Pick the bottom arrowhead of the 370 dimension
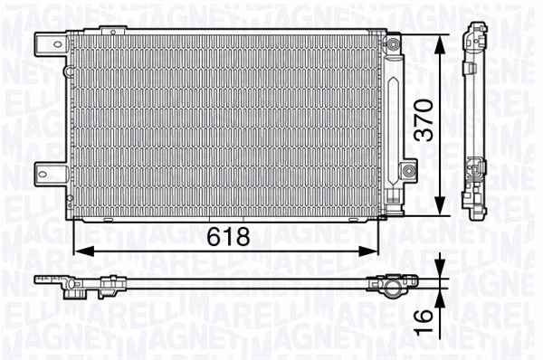coord(440,209)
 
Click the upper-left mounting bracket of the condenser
coord(46,42)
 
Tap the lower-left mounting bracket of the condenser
coord(46,171)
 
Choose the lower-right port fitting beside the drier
coord(408,170)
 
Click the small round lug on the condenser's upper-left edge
coord(67,71)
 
